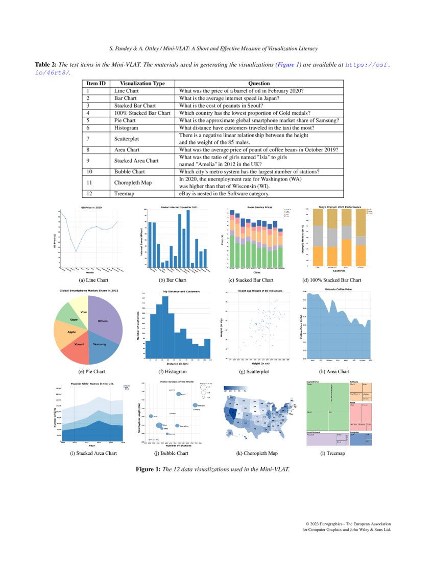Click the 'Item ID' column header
(x=96, y=84)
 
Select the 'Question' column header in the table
(x=259, y=84)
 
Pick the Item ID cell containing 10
(x=89, y=172)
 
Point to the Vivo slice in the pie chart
(x=84, y=311)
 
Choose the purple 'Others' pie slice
(x=105, y=319)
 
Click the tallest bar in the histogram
(x=165, y=326)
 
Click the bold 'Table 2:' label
(x=45, y=65)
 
